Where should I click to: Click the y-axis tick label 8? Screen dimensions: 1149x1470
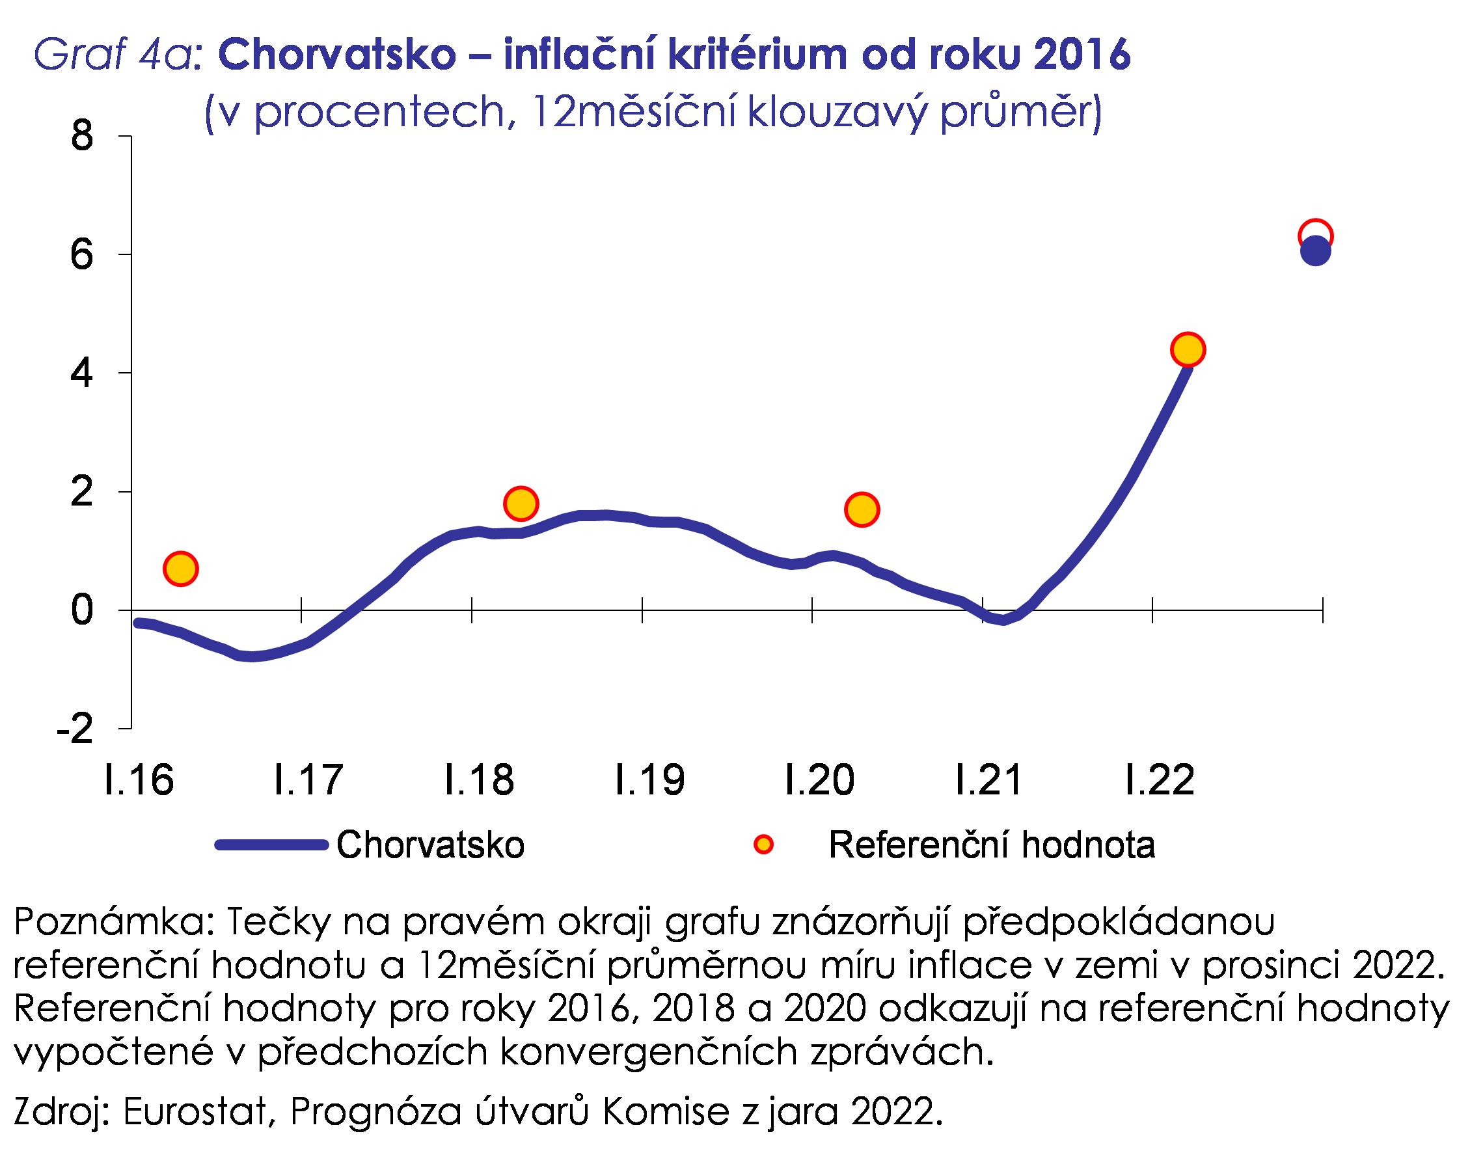(81, 137)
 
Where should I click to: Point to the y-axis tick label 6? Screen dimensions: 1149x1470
(81, 256)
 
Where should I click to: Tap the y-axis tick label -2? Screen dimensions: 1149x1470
(75, 729)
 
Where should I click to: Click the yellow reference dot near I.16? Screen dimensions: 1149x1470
(180, 569)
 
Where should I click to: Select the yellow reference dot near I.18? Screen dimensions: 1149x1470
(521, 504)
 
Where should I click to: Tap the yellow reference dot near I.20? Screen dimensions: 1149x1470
(862, 509)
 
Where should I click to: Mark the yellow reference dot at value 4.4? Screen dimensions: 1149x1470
(1188, 350)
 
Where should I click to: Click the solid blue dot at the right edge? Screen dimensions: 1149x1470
(1315, 253)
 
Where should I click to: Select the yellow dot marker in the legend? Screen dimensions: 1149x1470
(763, 844)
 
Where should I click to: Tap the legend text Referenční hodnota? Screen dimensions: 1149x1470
(992, 845)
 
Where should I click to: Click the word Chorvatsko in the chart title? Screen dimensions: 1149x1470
(338, 55)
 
